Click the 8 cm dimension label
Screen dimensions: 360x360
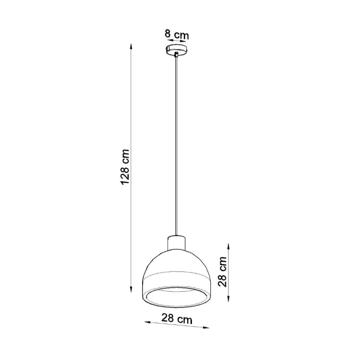(176, 35)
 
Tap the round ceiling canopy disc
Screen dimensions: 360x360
(177, 49)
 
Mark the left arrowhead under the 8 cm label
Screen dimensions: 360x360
(168, 41)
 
